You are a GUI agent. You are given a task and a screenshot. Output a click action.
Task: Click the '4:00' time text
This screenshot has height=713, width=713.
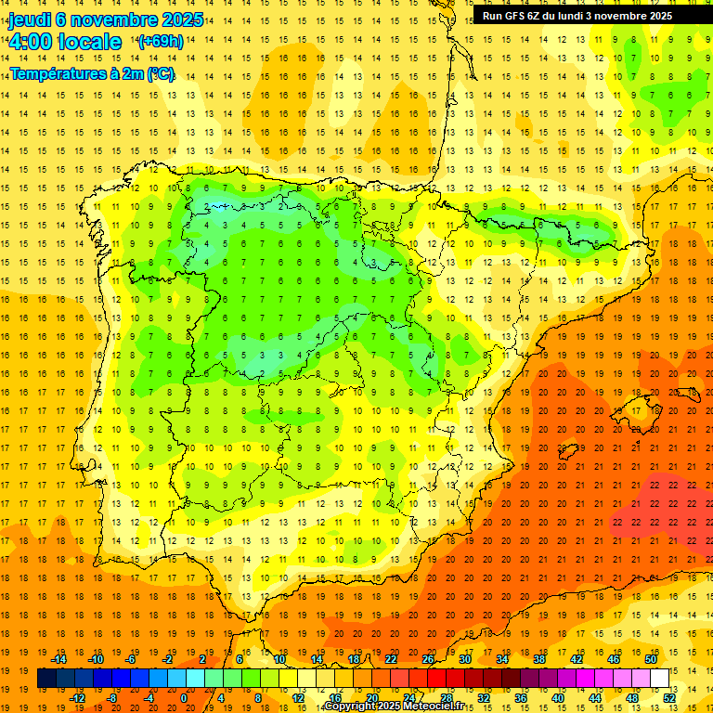coord(31,43)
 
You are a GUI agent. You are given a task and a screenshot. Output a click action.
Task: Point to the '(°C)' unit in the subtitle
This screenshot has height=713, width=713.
coord(159,73)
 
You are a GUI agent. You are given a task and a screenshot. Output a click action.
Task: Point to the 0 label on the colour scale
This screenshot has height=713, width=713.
coord(184,697)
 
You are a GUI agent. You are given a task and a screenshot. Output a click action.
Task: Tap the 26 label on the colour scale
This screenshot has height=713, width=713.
coord(428,659)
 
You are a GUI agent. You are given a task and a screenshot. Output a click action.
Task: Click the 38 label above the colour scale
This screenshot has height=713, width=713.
coord(539,659)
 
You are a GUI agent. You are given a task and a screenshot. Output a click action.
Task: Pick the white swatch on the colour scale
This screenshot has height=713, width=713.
coord(659,679)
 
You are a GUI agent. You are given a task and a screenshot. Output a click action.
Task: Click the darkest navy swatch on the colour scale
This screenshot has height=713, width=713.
coord(46,679)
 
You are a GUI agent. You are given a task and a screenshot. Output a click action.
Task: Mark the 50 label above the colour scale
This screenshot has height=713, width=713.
coord(651,659)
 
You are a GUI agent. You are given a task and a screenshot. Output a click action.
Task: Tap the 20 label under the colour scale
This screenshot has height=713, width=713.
coord(371,697)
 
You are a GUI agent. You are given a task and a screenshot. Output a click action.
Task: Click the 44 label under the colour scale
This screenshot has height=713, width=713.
coord(595,697)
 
